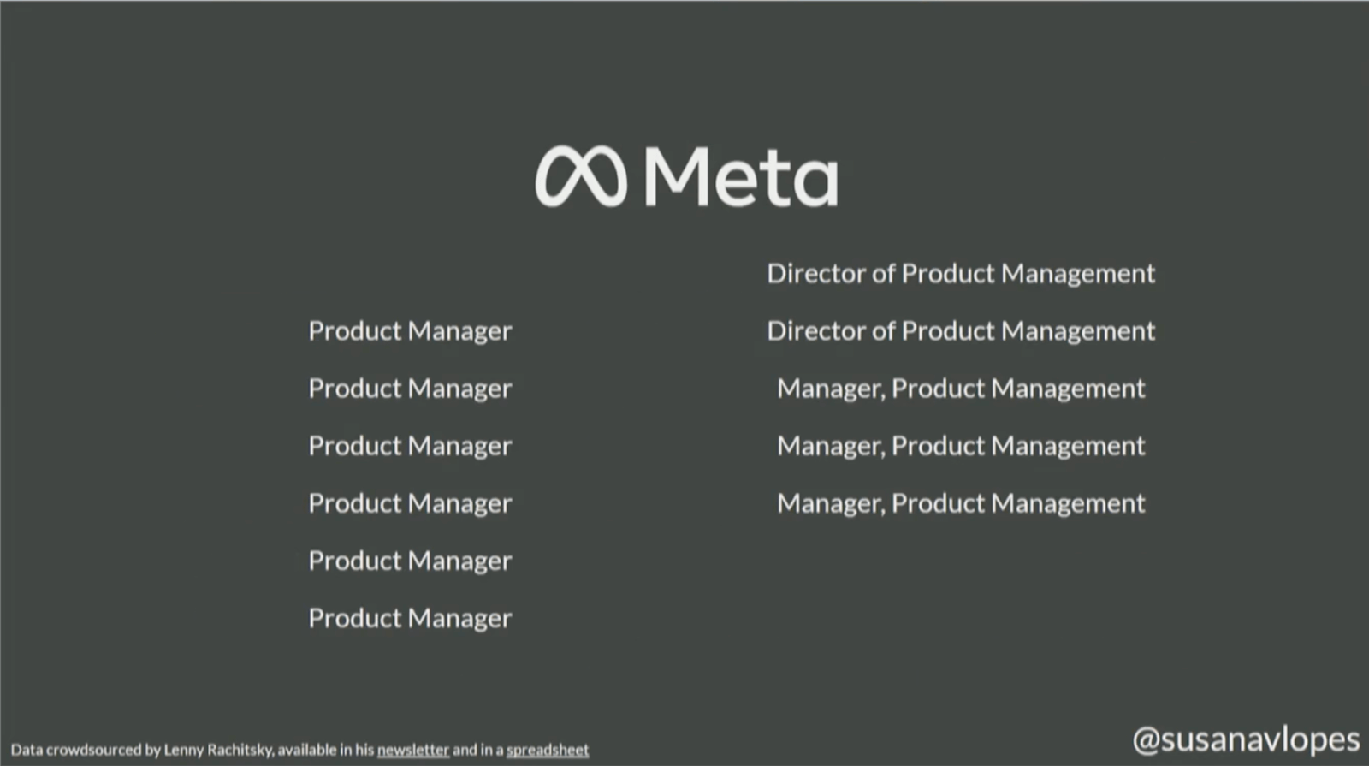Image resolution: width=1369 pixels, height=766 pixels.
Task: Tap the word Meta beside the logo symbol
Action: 741,176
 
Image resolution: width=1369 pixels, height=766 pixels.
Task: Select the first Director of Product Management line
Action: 961,273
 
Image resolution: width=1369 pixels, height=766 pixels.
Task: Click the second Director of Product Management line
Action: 961,330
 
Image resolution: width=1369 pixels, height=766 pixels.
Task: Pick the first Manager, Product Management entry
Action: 961,389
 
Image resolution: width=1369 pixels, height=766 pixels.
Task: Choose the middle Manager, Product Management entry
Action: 961,446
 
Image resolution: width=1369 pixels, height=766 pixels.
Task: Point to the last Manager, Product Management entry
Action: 961,504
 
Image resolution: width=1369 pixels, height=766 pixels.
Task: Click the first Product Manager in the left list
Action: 410,331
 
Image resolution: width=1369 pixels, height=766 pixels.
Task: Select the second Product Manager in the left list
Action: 410,389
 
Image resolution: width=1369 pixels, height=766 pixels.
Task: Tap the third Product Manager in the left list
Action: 410,446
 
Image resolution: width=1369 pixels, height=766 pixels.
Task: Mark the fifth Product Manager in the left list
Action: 410,561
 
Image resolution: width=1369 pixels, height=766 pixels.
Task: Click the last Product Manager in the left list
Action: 410,619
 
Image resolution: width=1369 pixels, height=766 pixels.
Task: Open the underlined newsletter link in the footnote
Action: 413,750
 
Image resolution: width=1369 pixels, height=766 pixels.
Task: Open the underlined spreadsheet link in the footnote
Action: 548,750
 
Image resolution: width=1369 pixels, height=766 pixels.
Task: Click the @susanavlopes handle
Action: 1246,740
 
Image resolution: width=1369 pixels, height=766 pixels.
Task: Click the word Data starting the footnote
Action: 27,750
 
